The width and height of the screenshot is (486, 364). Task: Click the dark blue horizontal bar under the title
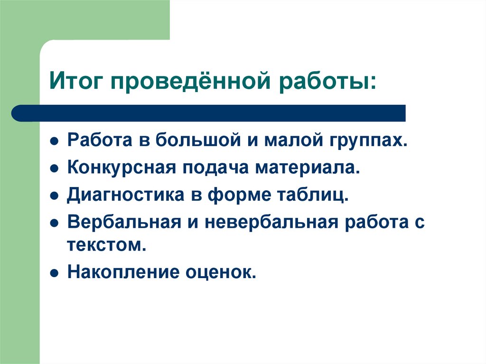click(x=209, y=113)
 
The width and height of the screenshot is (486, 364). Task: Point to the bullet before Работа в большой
click(x=55, y=142)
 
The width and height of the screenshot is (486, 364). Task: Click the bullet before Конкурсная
click(x=55, y=169)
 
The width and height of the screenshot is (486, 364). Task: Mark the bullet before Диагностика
click(x=55, y=196)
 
